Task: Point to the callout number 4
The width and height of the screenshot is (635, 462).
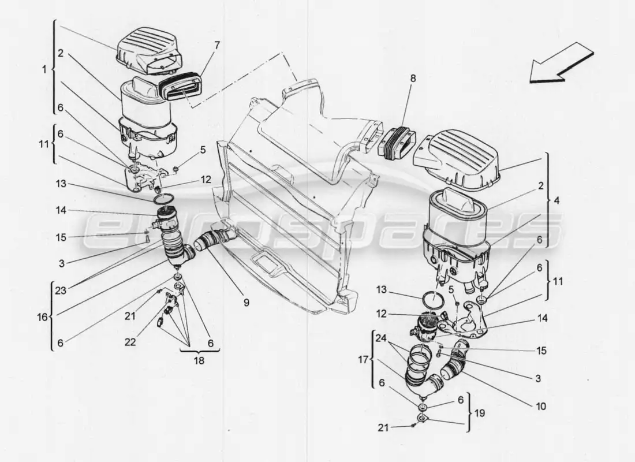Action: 556,202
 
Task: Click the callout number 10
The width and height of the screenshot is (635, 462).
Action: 541,407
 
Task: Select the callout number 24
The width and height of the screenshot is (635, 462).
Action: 379,338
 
